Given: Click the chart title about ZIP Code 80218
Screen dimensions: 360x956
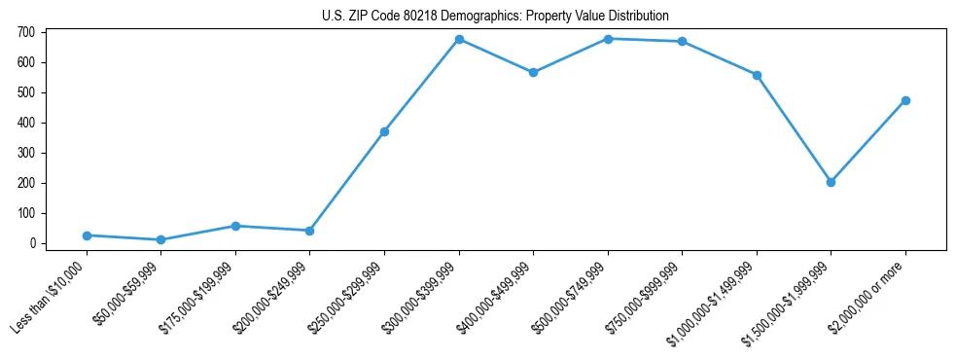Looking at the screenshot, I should [495, 16].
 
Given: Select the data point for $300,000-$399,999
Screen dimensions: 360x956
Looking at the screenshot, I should [459, 39].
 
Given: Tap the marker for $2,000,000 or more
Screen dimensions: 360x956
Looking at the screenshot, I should [905, 100].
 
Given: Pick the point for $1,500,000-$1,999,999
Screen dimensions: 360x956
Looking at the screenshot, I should [831, 182].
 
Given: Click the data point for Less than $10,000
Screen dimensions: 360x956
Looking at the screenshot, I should [87, 235].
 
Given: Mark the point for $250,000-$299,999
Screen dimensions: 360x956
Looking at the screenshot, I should [384, 131].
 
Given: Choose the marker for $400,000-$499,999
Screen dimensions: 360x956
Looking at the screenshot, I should [533, 73].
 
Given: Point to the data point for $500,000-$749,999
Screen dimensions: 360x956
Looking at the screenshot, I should [608, 39].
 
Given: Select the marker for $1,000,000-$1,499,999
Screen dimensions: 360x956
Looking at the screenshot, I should [757, 75].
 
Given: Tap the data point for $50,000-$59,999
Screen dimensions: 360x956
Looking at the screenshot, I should [160, 239].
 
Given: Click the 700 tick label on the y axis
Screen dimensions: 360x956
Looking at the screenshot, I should [26, 32].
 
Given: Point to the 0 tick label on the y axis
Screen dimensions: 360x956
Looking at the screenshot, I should [32, 243].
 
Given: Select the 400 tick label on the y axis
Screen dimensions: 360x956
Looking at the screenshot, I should [26, 123].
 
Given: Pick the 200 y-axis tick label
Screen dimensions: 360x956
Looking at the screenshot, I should [26, 183].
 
